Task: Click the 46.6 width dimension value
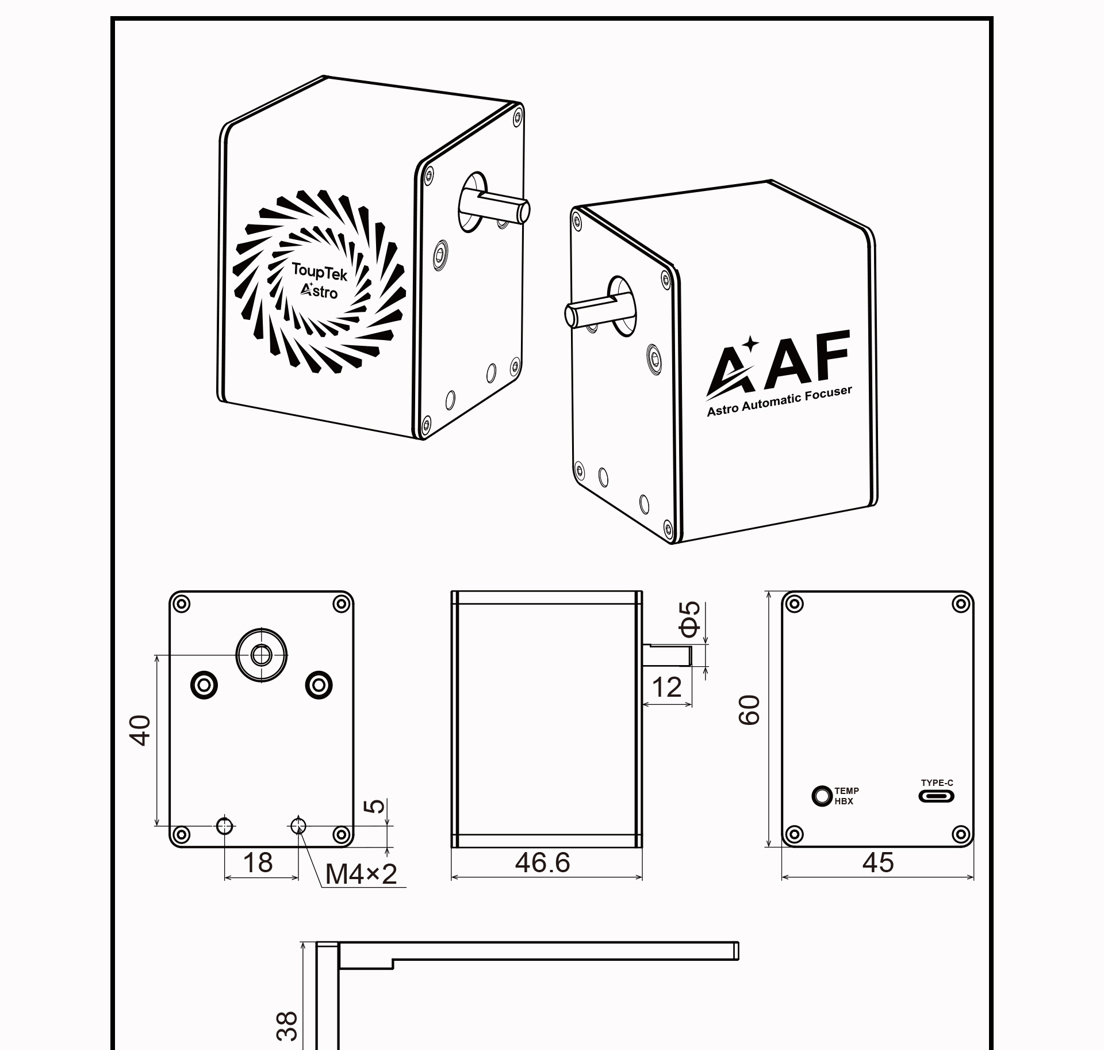pyautogui.click(x=542, y=862)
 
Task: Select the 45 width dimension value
pyautogui.click(x=878, y=862)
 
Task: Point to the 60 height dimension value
pyautogui.click(x=750, y=709)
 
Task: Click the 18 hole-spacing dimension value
pyautogui.click(x=258, y=862)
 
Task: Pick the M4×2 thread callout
pyautogui.click(x=361, y=875)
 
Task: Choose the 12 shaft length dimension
pyautogui.click(x=667, y=687)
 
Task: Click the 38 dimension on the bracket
pyautogui.click(x=287, y=1026)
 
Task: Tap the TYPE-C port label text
pyautogui.click(x=937, y=782)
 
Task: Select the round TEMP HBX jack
pyautogui.click(x=822, y=796)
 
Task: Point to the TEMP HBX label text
pyautogui.click(x=846, y=796)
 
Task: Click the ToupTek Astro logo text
pyautogui.click(x=318, y=281)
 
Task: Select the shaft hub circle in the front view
pyautogui.click(x=262, y=655)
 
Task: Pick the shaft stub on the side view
pyautogui.click(x=667, y=655)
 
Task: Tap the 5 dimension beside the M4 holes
pyautogui.click(x=375, y=805)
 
